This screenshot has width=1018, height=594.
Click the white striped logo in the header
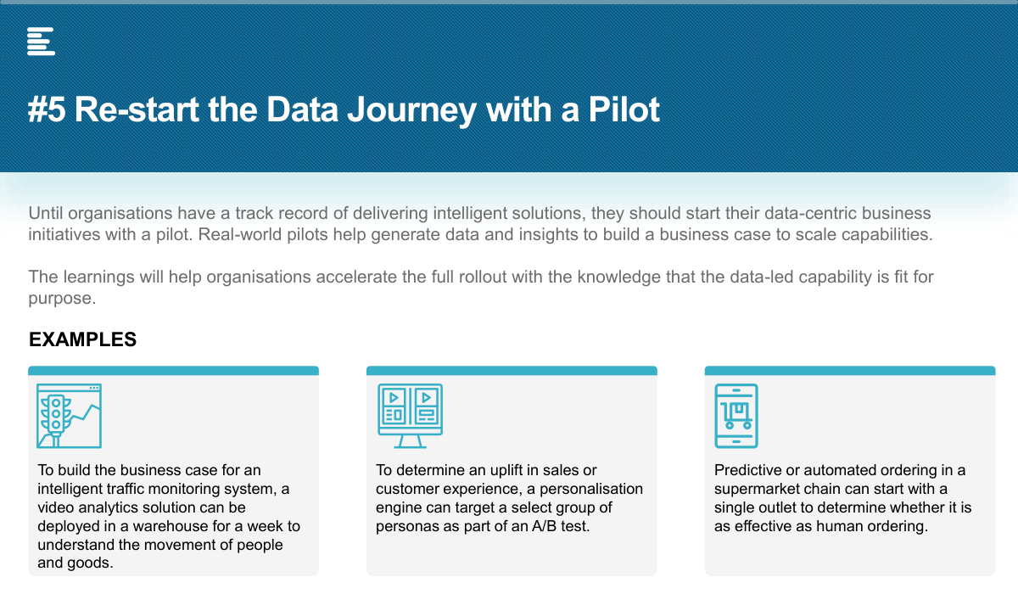click(x=41, y=42)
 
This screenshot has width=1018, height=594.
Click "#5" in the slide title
click(x=47, y=109)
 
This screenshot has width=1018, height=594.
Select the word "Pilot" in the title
click(x=624, y=109)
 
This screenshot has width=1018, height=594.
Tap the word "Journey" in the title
click(x=412, y=111)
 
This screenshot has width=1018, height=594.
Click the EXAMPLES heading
click(x=83, y=339)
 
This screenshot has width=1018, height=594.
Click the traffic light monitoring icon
click(x=69, y=416)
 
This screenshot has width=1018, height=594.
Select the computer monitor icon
click(x=410, y=416)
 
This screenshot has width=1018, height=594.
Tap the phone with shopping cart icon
click(x=736, y=416)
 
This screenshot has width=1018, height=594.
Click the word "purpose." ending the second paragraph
click(x=62, y=299)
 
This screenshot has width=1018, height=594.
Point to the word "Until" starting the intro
click(x=46, y=213)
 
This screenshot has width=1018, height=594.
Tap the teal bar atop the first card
click(x=174, y=370)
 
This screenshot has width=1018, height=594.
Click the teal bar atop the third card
click(x=850, y=370)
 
